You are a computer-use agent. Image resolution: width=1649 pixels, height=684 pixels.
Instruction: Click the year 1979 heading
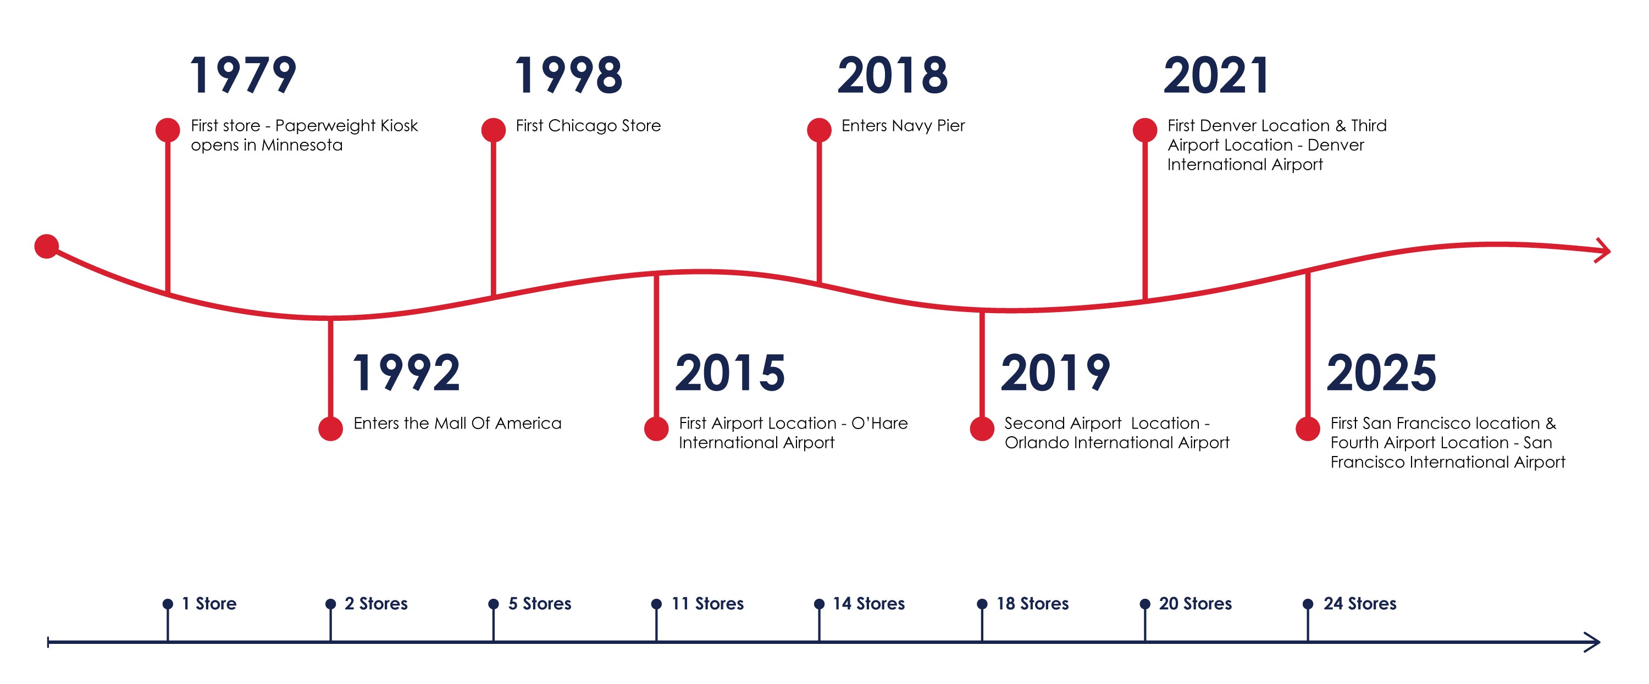coord(244,75)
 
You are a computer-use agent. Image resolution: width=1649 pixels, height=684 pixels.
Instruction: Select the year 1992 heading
coord(406,373)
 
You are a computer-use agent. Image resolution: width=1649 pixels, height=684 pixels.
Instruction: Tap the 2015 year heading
coord(730,373)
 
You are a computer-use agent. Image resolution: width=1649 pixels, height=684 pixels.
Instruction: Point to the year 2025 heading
coord(1381,373)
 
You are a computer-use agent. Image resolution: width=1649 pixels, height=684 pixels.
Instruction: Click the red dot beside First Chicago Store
coord(494,130)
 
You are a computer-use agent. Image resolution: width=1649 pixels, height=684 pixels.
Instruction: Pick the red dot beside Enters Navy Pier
coord(820,130)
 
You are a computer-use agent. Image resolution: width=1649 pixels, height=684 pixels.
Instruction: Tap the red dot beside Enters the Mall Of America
coord(330,429)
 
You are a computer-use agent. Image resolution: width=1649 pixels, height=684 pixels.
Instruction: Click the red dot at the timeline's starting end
coord(47,246)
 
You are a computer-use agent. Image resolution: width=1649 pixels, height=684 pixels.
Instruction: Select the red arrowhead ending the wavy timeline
coord(1603,250)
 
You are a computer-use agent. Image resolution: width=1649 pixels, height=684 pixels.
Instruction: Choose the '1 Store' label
coord(209,603)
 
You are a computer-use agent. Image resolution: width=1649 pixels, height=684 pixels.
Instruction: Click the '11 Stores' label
coord(707,603)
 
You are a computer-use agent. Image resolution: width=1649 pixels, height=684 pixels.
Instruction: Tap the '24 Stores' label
coord(1360,603)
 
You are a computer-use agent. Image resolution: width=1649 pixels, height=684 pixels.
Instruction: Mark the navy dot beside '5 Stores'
coord(494,604)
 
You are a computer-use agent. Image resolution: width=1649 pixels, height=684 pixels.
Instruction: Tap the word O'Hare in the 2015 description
coord(879,423)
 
